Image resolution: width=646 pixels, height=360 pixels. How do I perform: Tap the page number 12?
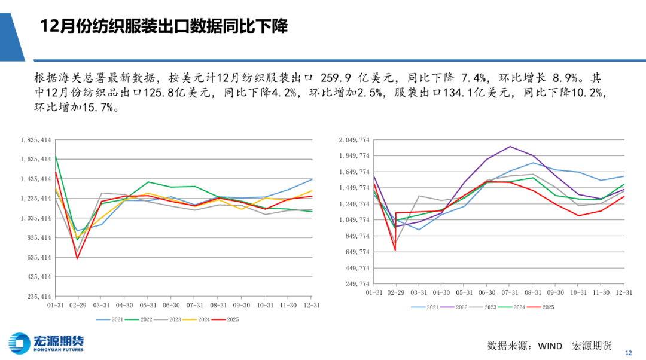click(x=628, y=352)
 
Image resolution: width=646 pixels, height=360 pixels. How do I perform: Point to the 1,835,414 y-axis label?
click(x=35, y=140)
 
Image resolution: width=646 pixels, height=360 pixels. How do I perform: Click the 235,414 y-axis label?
click(x=36, y=297)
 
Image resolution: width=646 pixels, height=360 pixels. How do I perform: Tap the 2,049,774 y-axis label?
click(x=355, y=140)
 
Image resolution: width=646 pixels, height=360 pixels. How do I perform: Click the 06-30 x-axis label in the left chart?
click(x=171, y=305)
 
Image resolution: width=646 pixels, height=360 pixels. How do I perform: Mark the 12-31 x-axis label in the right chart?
click(x=624, y=292)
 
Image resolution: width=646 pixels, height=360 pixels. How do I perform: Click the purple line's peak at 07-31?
click(x=510, y=146)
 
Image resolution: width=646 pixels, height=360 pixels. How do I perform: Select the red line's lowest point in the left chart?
click(x=77, y=258)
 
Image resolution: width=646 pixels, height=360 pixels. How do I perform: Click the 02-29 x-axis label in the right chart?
click(x=396, y=292)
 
